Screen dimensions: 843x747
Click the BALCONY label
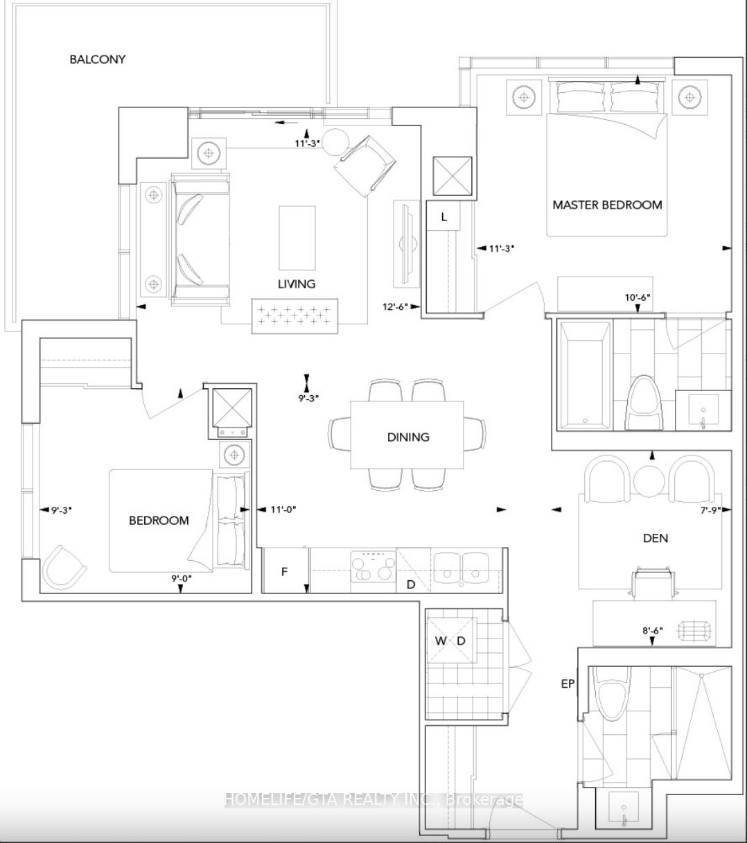[x=97, y=60]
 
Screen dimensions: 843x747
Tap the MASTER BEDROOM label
[x=607, y=205]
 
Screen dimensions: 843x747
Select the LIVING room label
[x=297, y=284]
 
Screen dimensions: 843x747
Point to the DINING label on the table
[x=408, y=437]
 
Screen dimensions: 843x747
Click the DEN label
[x=655, y=538]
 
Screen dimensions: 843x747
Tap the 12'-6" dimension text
[x=396, y=306]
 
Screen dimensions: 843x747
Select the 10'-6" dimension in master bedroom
[x=638, y=297]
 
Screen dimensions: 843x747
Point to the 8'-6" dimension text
[x=652, y=630]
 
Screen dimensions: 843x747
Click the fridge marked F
[x=284, y=572]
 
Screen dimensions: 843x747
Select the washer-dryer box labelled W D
[x=450, y=640]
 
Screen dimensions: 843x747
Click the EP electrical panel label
[x=568, y=684]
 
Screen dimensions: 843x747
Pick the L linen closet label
[x=444, y=217]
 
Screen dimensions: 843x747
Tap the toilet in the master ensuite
[x=644, y=406]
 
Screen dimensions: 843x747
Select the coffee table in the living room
[x=297, y=237]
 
